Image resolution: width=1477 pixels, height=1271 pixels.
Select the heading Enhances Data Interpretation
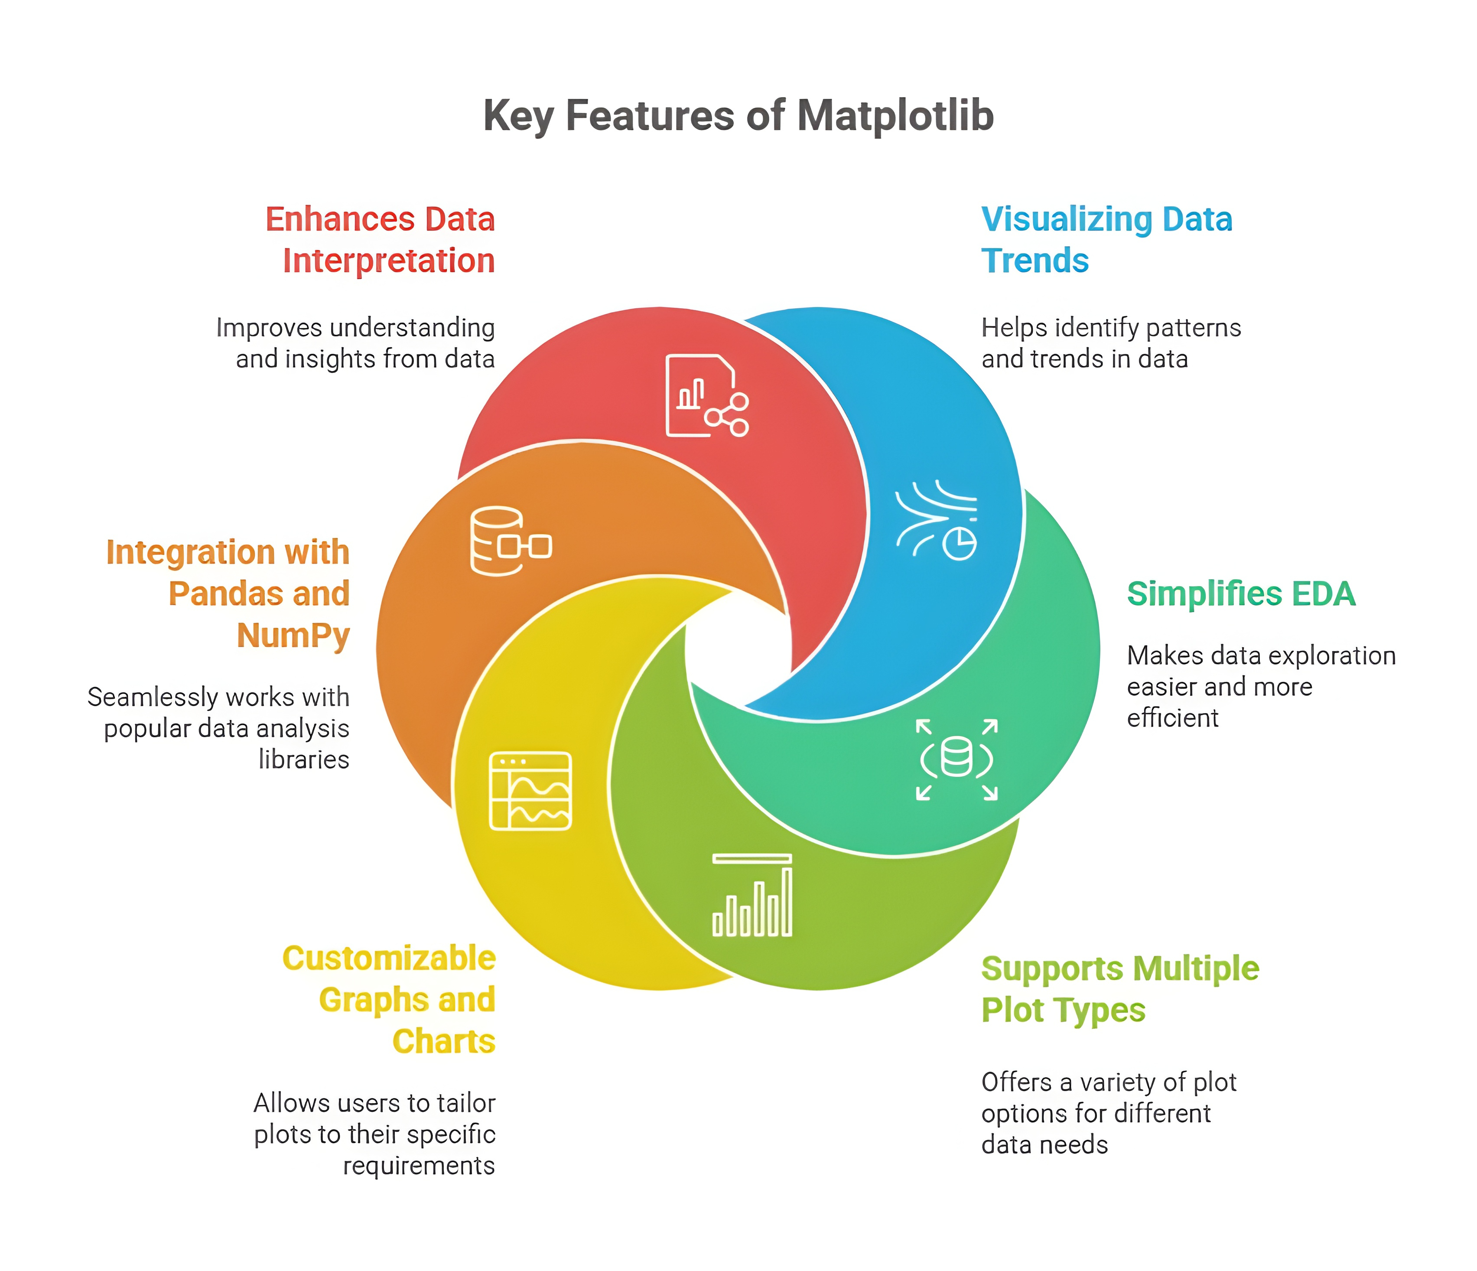[x=381, y=240]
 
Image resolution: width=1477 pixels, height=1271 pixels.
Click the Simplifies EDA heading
[x=1240, y=594]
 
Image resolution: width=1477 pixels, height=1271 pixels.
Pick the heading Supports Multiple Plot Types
[x=1119, y=989]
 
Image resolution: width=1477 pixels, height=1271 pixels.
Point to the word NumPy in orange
[x=293, y=635]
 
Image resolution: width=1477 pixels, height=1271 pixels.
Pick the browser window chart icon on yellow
[x=530, y=791]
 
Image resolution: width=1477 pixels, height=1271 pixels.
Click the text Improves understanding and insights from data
[x=356, y=343]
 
